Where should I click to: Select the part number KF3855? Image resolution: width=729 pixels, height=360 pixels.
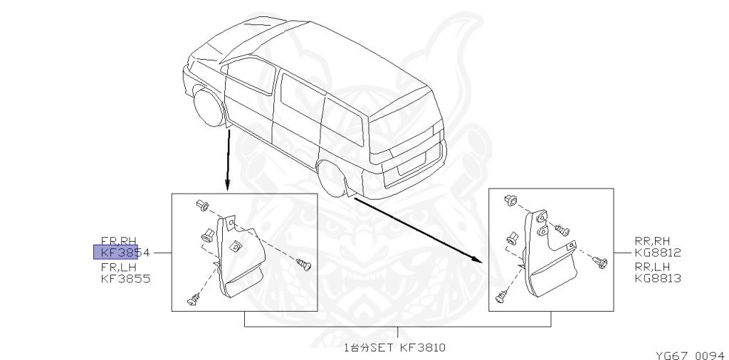125,278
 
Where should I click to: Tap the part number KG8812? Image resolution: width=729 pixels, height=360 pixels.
657,252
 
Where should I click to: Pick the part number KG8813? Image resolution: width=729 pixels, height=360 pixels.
657,278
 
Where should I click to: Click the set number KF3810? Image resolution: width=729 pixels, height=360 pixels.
422,348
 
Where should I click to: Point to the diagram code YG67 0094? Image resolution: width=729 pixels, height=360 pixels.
689,354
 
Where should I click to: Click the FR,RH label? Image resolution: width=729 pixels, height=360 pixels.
117,240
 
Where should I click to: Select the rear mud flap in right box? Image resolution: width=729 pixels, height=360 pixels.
552,260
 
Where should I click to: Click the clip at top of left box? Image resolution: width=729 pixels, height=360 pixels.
202,206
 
